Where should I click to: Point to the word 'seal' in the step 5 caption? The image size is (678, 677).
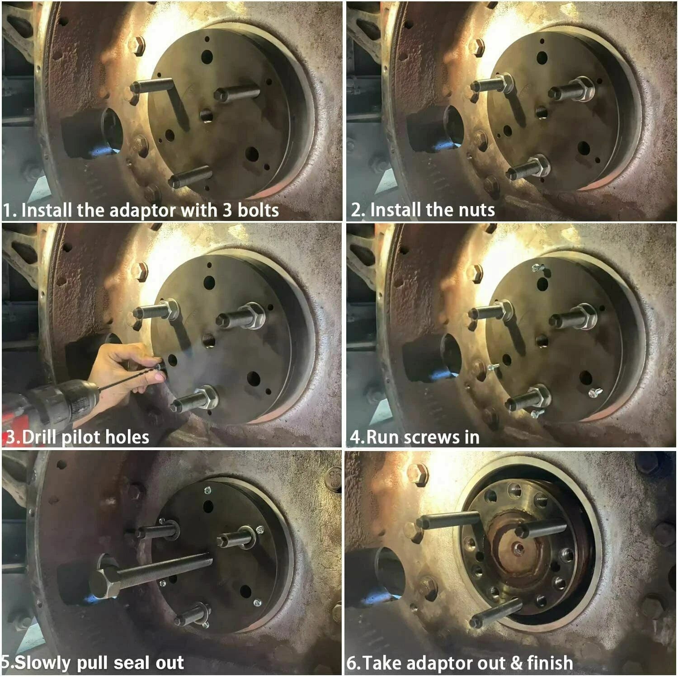pos(127,663)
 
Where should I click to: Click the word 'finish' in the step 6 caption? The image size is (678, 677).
pos(550,663)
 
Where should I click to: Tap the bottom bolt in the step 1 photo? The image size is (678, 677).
pos(190,177)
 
